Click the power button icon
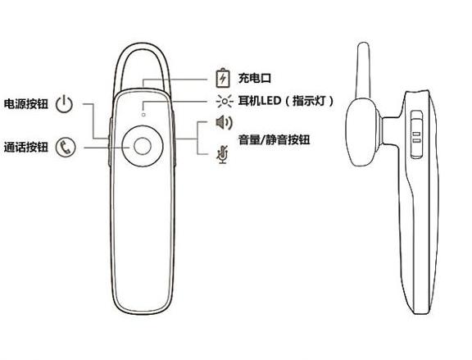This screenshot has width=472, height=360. [64, 104]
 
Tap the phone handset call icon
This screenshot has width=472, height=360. [66, 148]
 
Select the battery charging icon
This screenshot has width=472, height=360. [223, 79]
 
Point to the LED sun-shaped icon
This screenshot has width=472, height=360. [225, 101]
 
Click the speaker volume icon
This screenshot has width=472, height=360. [225, 122]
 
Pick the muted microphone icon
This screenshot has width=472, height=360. [223, 155]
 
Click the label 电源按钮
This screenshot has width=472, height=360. [26, 104]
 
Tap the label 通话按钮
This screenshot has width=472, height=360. [26, 148]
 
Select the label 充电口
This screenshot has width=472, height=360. [255, 79]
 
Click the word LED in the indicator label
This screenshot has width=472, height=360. [270, 101]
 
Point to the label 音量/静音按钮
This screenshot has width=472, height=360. [274, 139]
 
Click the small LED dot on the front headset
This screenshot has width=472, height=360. [143, 115]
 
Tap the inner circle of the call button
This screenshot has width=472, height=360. [143, 147]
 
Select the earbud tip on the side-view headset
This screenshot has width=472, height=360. [362, 132]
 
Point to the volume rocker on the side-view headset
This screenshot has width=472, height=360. [417, 134]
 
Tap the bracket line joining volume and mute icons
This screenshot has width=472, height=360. [197, 139]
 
